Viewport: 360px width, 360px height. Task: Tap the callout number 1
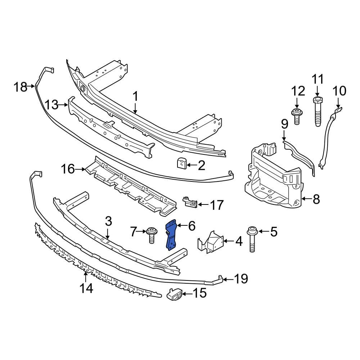tap(135, 96)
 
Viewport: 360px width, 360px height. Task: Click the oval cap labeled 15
tap(175, 295)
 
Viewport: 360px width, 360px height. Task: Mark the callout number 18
tap(20, 86)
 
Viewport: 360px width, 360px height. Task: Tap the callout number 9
tap(284, 125)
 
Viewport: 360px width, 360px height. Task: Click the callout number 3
tap(109, 221)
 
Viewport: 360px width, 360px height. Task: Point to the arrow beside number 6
tap(181, 226)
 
